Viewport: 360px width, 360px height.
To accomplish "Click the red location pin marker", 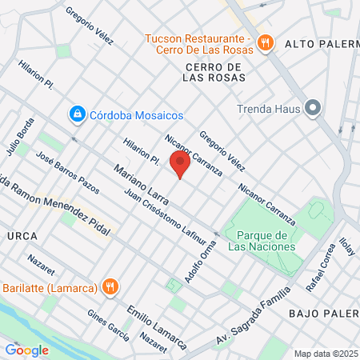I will click(181, 166).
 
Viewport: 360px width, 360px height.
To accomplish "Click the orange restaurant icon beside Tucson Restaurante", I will click(267, 43).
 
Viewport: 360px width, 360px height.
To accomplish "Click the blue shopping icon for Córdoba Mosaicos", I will click(77, 114).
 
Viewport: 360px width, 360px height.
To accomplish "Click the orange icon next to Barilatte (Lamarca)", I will click(110, 287).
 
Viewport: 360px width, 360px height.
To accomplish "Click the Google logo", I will click(26, 349).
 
